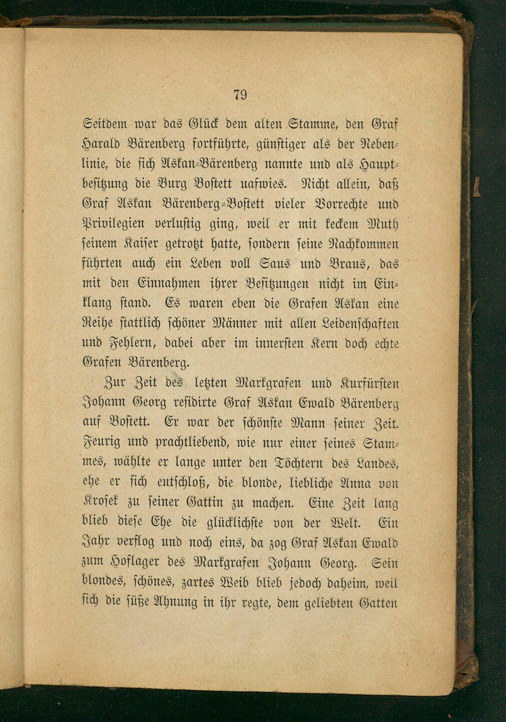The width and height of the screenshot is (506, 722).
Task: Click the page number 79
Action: [x=240, y=95]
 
